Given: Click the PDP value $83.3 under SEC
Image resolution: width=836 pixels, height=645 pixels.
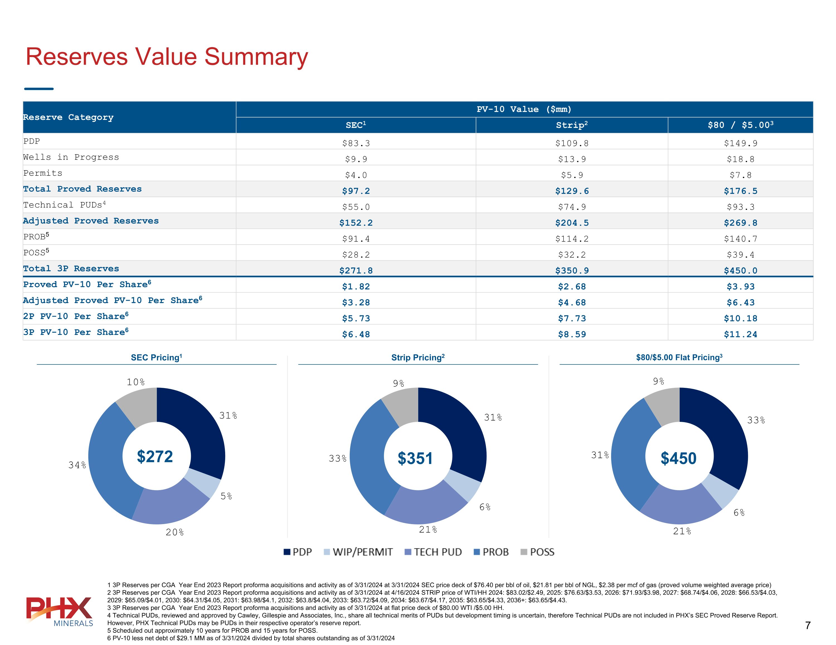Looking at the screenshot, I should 356,143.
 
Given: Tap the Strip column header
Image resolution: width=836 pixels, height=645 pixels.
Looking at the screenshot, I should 572,125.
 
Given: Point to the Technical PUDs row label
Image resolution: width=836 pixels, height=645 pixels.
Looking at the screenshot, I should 64,205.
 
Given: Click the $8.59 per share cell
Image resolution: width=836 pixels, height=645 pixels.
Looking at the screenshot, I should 572,334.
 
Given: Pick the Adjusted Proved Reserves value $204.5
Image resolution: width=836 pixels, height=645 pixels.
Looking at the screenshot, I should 572,223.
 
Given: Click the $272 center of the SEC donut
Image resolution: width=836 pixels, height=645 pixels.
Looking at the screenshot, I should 155,456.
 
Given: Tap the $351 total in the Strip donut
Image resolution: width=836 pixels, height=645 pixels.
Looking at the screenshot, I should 415,458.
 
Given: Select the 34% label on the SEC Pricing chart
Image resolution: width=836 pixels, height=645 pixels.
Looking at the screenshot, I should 77,465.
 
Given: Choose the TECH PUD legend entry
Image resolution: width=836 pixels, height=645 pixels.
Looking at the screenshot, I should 433,552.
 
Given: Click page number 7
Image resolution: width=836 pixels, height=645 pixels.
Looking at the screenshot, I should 808,625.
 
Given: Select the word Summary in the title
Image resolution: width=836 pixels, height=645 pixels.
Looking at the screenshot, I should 256,57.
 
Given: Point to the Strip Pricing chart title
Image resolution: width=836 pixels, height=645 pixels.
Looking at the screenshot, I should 418,357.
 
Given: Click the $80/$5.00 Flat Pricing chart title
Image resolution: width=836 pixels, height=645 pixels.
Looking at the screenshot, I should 679,357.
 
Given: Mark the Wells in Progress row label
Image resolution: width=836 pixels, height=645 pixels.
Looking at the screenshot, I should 71,157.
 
